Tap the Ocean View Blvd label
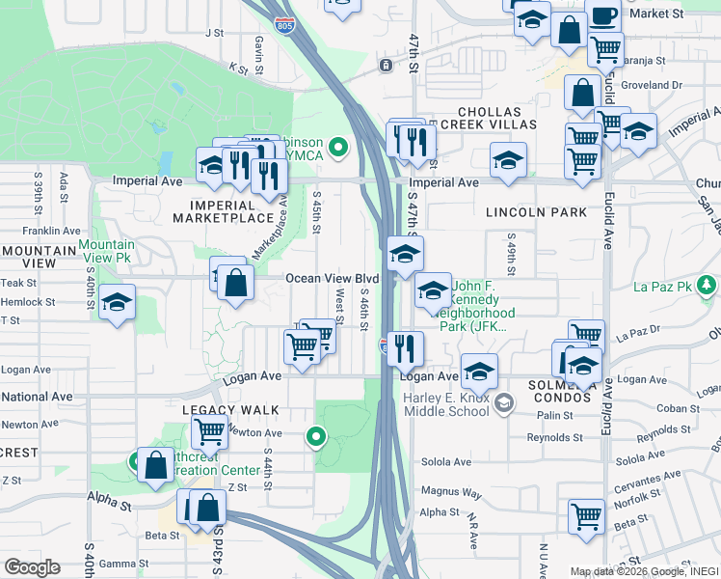tap(331, 279)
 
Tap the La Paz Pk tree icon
tap(708, 286)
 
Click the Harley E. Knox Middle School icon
tap(502, 401)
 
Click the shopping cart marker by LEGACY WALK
tap(209, 432)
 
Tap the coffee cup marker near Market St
tap(603, 15)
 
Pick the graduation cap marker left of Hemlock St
tap(117, 303)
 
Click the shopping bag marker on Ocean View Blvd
tap(235, 283)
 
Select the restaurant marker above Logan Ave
tap(407, 347)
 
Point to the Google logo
tap(32, 567)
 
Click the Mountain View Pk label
tap(107, 252)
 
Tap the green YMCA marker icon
tap(337, 149)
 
